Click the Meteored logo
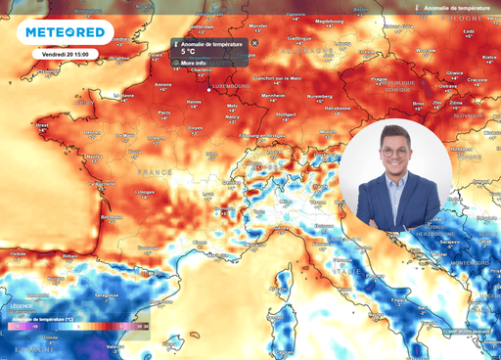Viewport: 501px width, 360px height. pos(66,32)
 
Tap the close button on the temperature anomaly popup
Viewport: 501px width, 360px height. pos(254,43)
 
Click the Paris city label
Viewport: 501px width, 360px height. pos(164,112)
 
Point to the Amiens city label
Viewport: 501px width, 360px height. pos(163,84)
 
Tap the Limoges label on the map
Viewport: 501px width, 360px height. pos(146,192)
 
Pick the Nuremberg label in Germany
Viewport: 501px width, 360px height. pos(320,97)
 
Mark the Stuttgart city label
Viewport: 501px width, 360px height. pos(286,114)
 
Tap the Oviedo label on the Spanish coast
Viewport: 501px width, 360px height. pos(18,252)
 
